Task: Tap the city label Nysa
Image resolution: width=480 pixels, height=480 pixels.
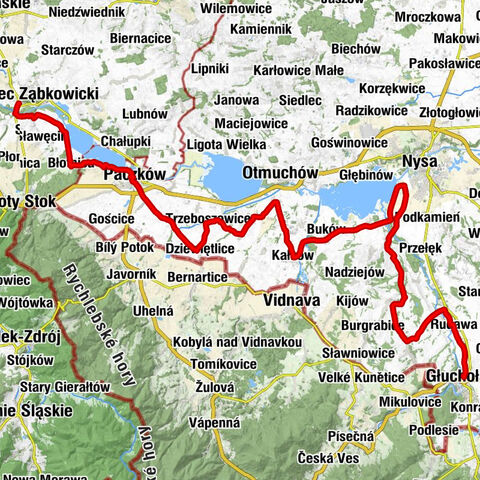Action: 420,161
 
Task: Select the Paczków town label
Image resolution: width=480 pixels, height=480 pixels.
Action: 133,173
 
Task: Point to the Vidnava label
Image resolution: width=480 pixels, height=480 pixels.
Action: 290,298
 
